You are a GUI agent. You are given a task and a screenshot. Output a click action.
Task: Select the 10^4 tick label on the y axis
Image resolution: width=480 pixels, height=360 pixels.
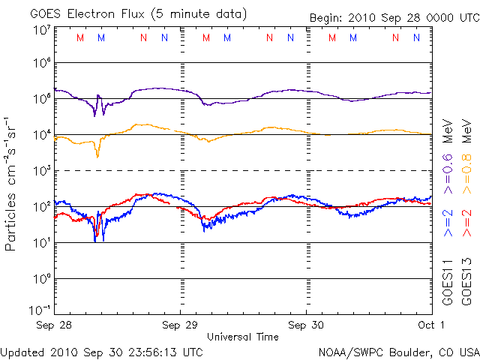[x=41, y=135]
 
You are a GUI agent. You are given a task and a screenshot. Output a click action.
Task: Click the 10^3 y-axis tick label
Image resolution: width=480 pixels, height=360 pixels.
[x=41, y=171]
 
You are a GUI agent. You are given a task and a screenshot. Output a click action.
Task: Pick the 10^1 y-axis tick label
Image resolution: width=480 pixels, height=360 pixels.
[x=41, y=243]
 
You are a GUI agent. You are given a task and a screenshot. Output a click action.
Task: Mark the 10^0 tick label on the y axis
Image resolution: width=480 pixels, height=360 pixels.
[x=41, y=279]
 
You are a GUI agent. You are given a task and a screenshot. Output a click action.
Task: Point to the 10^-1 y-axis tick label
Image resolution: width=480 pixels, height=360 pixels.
[x=41, y=310]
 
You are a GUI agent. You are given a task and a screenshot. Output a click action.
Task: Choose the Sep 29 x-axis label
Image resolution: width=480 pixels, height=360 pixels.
[x=181, y=325]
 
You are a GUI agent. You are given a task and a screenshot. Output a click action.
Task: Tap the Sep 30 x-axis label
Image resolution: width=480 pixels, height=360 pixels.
[x=306, y=325]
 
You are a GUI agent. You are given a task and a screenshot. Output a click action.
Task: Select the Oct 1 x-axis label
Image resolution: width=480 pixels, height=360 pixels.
[x=431, y=325]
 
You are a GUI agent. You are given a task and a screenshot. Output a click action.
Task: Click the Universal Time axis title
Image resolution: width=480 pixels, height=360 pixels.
[x=243, y=337]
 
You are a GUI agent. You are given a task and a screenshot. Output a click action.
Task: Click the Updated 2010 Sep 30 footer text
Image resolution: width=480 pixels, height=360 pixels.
[x=102, y=351]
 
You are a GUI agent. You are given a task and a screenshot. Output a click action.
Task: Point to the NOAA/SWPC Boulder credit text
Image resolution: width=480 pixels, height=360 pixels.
[x=398, y=351]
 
